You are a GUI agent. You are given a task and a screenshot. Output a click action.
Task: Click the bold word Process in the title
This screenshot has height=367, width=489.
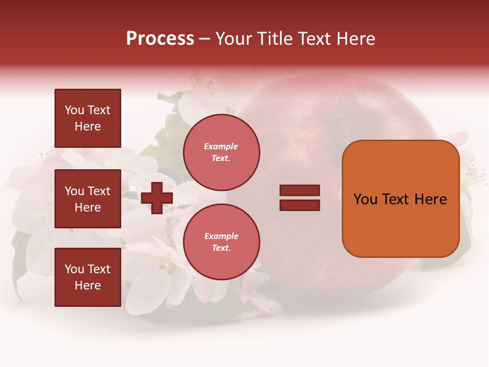point(160,39)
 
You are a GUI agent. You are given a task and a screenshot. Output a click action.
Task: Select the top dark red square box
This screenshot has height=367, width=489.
point(88,118)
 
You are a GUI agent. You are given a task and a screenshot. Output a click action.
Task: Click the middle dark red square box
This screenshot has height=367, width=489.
point(88,199)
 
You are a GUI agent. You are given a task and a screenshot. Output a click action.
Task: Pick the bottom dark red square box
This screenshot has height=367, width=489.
point(88,277)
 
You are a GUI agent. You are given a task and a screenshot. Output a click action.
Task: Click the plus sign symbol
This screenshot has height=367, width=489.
point(156,198)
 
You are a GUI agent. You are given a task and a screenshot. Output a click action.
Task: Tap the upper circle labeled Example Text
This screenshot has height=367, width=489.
point(221,152)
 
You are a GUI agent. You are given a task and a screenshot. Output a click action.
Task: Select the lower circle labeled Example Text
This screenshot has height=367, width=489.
point(221,242)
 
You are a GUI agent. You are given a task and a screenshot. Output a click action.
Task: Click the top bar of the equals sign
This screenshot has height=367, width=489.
point(300,191)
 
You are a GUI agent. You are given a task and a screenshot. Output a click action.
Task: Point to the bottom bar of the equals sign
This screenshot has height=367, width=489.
point(300,205)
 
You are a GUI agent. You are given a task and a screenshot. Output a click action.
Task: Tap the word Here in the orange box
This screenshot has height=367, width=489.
point(430,199)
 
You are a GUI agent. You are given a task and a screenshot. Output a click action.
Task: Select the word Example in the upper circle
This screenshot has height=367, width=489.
point(221,146)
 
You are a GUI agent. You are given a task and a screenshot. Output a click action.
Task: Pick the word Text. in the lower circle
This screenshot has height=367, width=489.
point(221,248)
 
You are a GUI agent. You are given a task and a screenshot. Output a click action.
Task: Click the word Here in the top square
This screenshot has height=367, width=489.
point(88,126)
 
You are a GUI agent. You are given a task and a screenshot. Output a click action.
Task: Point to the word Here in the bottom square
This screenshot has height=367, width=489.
point(88,285)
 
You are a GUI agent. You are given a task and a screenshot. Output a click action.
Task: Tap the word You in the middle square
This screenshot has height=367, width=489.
point(73,191)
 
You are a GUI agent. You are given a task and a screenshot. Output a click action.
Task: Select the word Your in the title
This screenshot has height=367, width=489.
point(233,39)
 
